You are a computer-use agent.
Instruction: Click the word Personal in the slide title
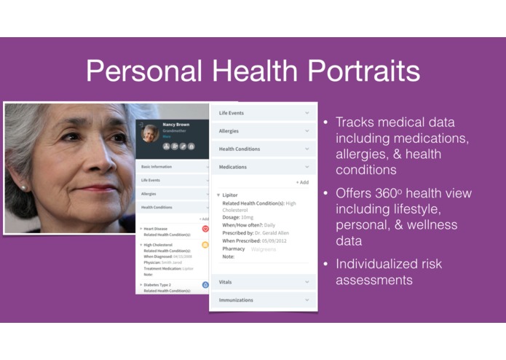click(x=138, y=71)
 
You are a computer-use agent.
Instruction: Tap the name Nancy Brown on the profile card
click(x=175, y=125)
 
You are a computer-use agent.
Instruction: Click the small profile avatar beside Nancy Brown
click(x=150, y=134)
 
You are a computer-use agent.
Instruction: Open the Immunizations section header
click(x=237, y=300)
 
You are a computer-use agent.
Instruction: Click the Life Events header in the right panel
click(x=232, y=113)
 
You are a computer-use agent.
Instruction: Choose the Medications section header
click(x=233, y=167)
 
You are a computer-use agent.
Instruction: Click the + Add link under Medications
click(x=301, y=182)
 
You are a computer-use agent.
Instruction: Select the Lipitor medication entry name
click(x=231, y=195)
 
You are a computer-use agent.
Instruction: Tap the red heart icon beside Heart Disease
click(x=205, y=229)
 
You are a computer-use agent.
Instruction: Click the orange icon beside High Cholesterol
click(x=205, y=246)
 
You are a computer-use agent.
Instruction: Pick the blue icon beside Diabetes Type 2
click(x=205, y=284)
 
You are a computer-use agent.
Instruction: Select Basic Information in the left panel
click(x=157, y=167)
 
